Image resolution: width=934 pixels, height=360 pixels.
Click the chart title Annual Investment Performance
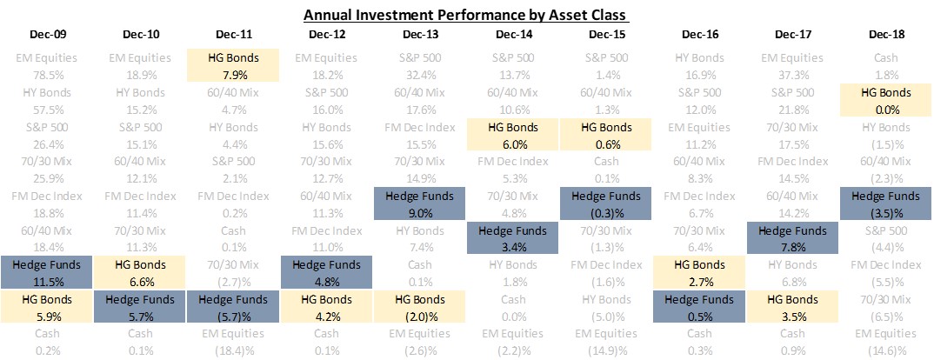tap(466, 15)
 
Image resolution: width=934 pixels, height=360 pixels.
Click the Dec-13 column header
tap(420, 35)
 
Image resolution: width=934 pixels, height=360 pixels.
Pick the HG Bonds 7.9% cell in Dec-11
tap(234, 65)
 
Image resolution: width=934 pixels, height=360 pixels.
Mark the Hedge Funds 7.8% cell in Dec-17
tap(792, 238)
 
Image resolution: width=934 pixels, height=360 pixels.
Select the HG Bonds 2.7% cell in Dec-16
tap(699, 272)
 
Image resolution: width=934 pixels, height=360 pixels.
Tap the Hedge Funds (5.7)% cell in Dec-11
tap(234, 307)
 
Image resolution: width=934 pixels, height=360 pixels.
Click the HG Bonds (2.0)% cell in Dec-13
tap(420, 307)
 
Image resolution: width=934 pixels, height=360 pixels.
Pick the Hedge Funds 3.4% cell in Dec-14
tap(513, 238)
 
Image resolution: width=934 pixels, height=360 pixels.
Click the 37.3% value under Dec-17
tap(792, 74)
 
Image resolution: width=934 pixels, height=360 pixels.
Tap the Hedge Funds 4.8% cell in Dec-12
tap(327, 272)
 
